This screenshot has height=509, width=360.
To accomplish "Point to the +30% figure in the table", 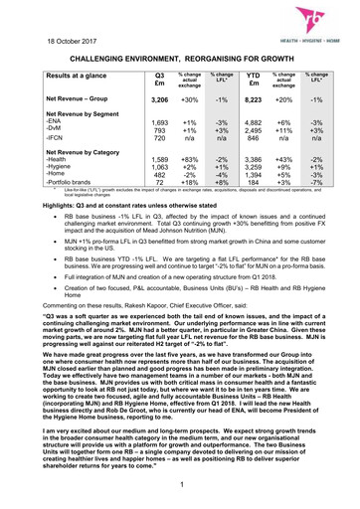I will (188, 100).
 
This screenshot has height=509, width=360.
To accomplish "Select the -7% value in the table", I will (317, 183).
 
